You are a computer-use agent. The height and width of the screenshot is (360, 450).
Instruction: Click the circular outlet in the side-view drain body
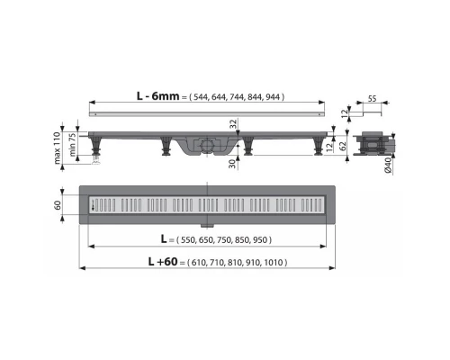point(209,144)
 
